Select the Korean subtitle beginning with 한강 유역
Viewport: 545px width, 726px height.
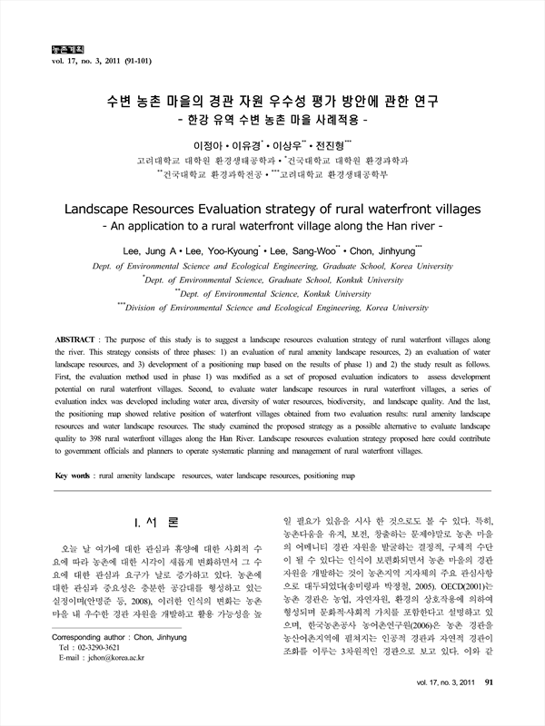(272, 119)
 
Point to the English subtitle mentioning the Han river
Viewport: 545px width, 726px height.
(272, 226)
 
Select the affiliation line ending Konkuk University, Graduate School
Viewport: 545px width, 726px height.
(273, 281)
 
